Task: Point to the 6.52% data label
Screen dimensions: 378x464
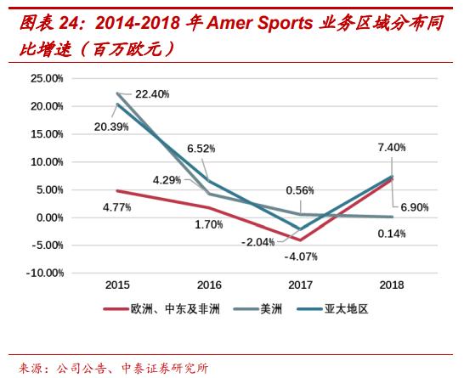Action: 201,148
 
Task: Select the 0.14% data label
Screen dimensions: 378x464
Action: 391,233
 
